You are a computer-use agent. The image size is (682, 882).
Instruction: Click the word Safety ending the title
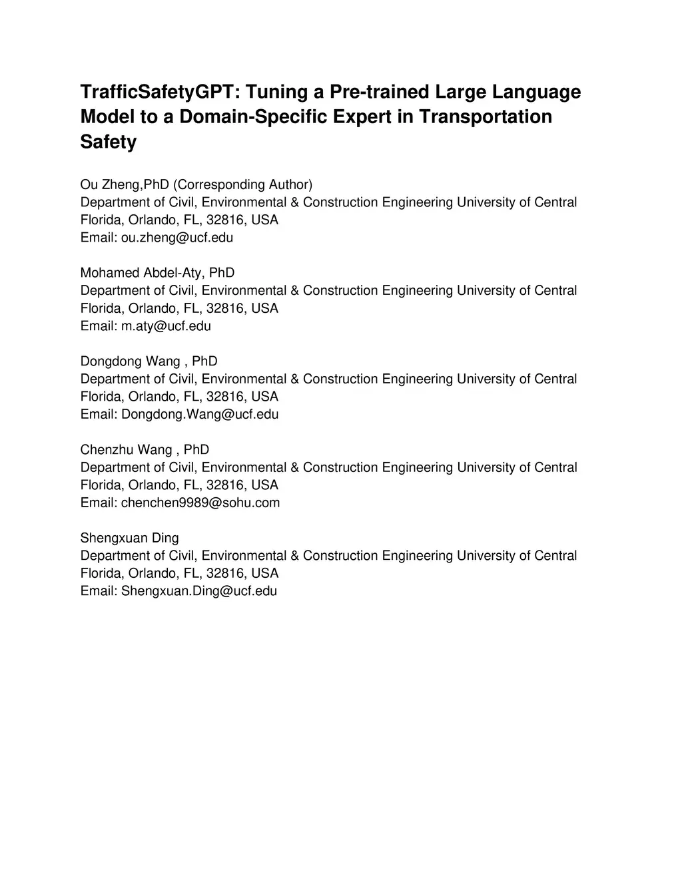pos(108,142)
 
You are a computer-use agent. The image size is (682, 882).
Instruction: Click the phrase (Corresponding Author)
pos(242,184)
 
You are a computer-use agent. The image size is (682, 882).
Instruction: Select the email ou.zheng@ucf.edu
pos(176,238)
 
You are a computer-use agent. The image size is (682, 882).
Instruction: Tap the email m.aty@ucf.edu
pos(166,326)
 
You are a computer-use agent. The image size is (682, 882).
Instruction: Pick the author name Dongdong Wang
pos(130,361)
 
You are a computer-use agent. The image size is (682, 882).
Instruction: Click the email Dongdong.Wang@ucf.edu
pos(200,414)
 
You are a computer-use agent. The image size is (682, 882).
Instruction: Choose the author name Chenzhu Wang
pos(126,449)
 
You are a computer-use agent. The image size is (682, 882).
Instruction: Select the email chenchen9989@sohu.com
pos(200,503)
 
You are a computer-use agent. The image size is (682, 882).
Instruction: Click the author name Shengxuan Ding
pos(129,538)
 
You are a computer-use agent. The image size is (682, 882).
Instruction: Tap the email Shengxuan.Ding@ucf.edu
pos(198,591)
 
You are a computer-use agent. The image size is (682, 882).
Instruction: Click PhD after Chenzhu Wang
pos(196,449)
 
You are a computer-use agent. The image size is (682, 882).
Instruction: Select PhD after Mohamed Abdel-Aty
pos(222,273)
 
